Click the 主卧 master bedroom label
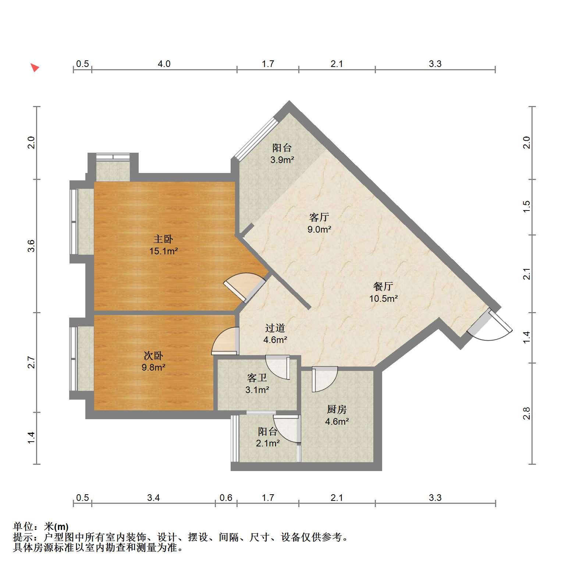point(163,239)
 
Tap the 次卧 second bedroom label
point(153,356)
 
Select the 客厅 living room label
point(319,217)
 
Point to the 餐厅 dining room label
point(383,286)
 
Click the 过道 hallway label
point(275,328)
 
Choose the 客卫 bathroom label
point(257,378)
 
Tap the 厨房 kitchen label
point(337,409)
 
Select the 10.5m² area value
point(383,298)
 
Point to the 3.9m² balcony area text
point(282,160)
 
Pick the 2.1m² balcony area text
point(268,443)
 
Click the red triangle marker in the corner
point(35,68)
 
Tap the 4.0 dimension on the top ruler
point(164,64)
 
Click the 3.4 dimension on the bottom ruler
point(153,498)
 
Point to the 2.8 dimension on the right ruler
point(527,413)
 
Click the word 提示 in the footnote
point(23,537)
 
